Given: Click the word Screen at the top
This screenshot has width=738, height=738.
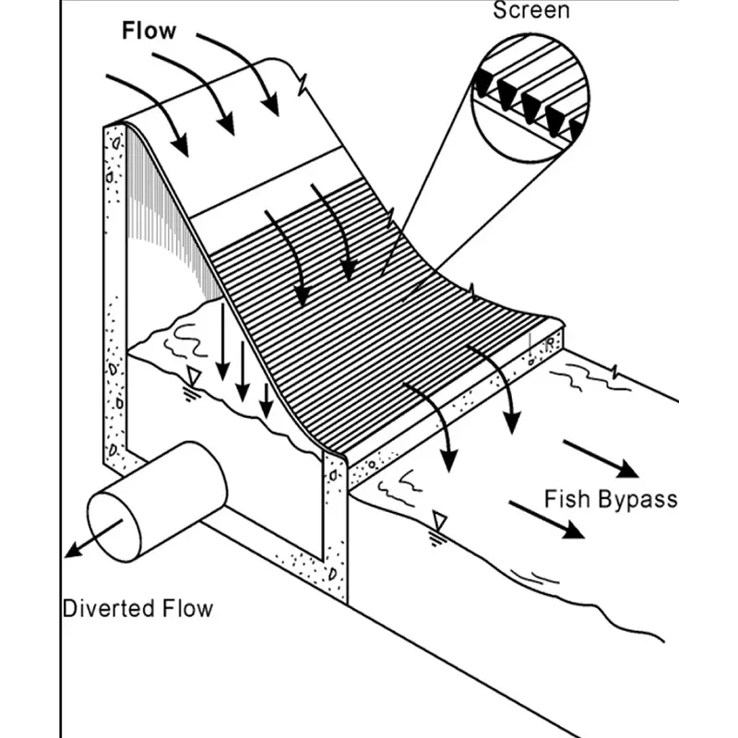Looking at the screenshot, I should coord(530,11).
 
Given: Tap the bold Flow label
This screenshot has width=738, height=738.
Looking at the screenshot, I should coord(148,30).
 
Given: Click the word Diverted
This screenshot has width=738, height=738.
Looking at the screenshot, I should coord(101,609).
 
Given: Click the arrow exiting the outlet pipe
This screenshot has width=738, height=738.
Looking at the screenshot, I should coord(92,540).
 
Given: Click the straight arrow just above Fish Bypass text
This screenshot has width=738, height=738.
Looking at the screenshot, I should coord(600,458).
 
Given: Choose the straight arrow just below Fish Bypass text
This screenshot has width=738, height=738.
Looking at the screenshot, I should coord(547,518).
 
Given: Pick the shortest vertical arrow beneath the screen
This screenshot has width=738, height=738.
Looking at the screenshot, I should coord(266,397).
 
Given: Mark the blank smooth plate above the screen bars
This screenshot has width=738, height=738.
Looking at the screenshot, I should coord(268,194).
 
